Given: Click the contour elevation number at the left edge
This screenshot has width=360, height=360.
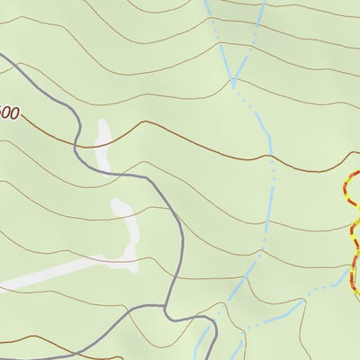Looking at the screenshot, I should tap(8, 114).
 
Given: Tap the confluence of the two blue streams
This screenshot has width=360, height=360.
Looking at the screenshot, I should tap(234, 83).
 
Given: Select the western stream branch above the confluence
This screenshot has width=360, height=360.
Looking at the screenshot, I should tap(218, 36).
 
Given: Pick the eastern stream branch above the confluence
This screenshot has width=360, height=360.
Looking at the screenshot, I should tap(254, 36).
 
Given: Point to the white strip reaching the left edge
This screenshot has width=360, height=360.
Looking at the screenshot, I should tap(36, 278).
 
